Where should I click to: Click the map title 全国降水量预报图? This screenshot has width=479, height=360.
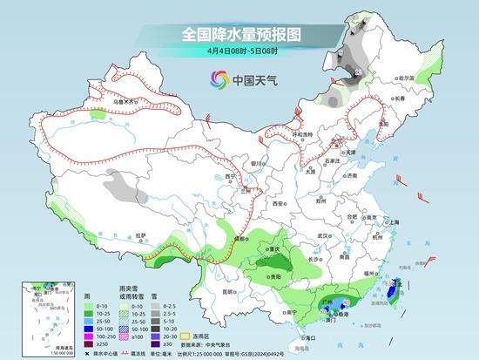pos(240,34)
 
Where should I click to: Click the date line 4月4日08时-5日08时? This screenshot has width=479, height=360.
pos(240,51)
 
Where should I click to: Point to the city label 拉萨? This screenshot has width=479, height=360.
pos(140,234)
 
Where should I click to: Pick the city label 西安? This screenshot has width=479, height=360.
pos(277,202)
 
